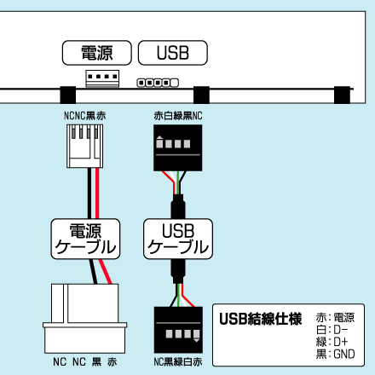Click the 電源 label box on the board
(97, 53)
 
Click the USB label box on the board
(173, 53)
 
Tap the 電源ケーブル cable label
(85, 239)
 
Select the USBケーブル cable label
(178, 239)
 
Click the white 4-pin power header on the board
(102, 78)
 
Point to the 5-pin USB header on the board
(158, 83)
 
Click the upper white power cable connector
(85, 146)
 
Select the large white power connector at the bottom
(85, 319)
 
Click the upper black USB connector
(178, 147)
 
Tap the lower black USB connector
(178, 330)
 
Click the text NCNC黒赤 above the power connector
(85, 116)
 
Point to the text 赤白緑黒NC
(178, 116)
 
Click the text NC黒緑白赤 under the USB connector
(178, 361)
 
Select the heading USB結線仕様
(260, 319)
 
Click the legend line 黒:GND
(335, 354)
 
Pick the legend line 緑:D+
(332, 342)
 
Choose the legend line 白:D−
(332, 330)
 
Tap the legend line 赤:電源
(335, 317)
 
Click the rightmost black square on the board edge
(342, 95)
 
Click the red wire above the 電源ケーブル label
(97, 193)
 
